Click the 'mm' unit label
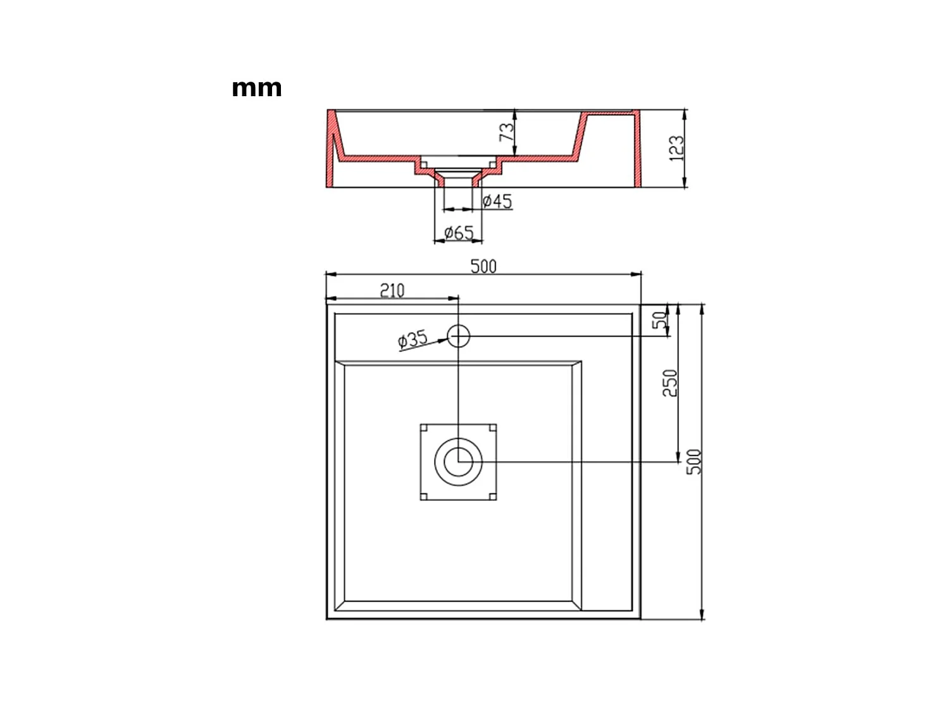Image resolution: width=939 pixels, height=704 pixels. coord(256,88)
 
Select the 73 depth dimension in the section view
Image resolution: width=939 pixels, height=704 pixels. coord(507,132)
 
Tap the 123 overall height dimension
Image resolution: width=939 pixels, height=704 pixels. coord(676,148)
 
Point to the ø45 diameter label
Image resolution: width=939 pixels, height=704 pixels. coord(497,201)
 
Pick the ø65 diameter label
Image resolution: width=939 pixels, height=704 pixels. coord(458,233)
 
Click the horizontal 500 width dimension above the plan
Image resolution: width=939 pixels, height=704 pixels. coord(483,266)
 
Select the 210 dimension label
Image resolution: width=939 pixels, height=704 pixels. coord(392,290)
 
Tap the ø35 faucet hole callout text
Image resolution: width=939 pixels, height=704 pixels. coord(413,340)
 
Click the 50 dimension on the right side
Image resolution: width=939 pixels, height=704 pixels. coord(661,320)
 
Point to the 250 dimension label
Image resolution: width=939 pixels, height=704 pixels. coord(669,383)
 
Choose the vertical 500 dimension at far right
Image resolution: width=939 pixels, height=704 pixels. coord(694,462)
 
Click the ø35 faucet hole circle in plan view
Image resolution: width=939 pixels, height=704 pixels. coord(459,336)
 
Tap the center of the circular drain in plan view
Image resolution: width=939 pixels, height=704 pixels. coord(458,462)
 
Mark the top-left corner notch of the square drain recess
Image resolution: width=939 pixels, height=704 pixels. coord(424,428)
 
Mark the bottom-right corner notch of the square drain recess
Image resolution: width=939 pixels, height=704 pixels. coord(492,496)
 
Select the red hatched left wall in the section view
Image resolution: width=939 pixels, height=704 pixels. coord(331,152)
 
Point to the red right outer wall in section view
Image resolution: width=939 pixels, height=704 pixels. coord(638,152)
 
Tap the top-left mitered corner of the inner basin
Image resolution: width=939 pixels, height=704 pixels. coord(339,366)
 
